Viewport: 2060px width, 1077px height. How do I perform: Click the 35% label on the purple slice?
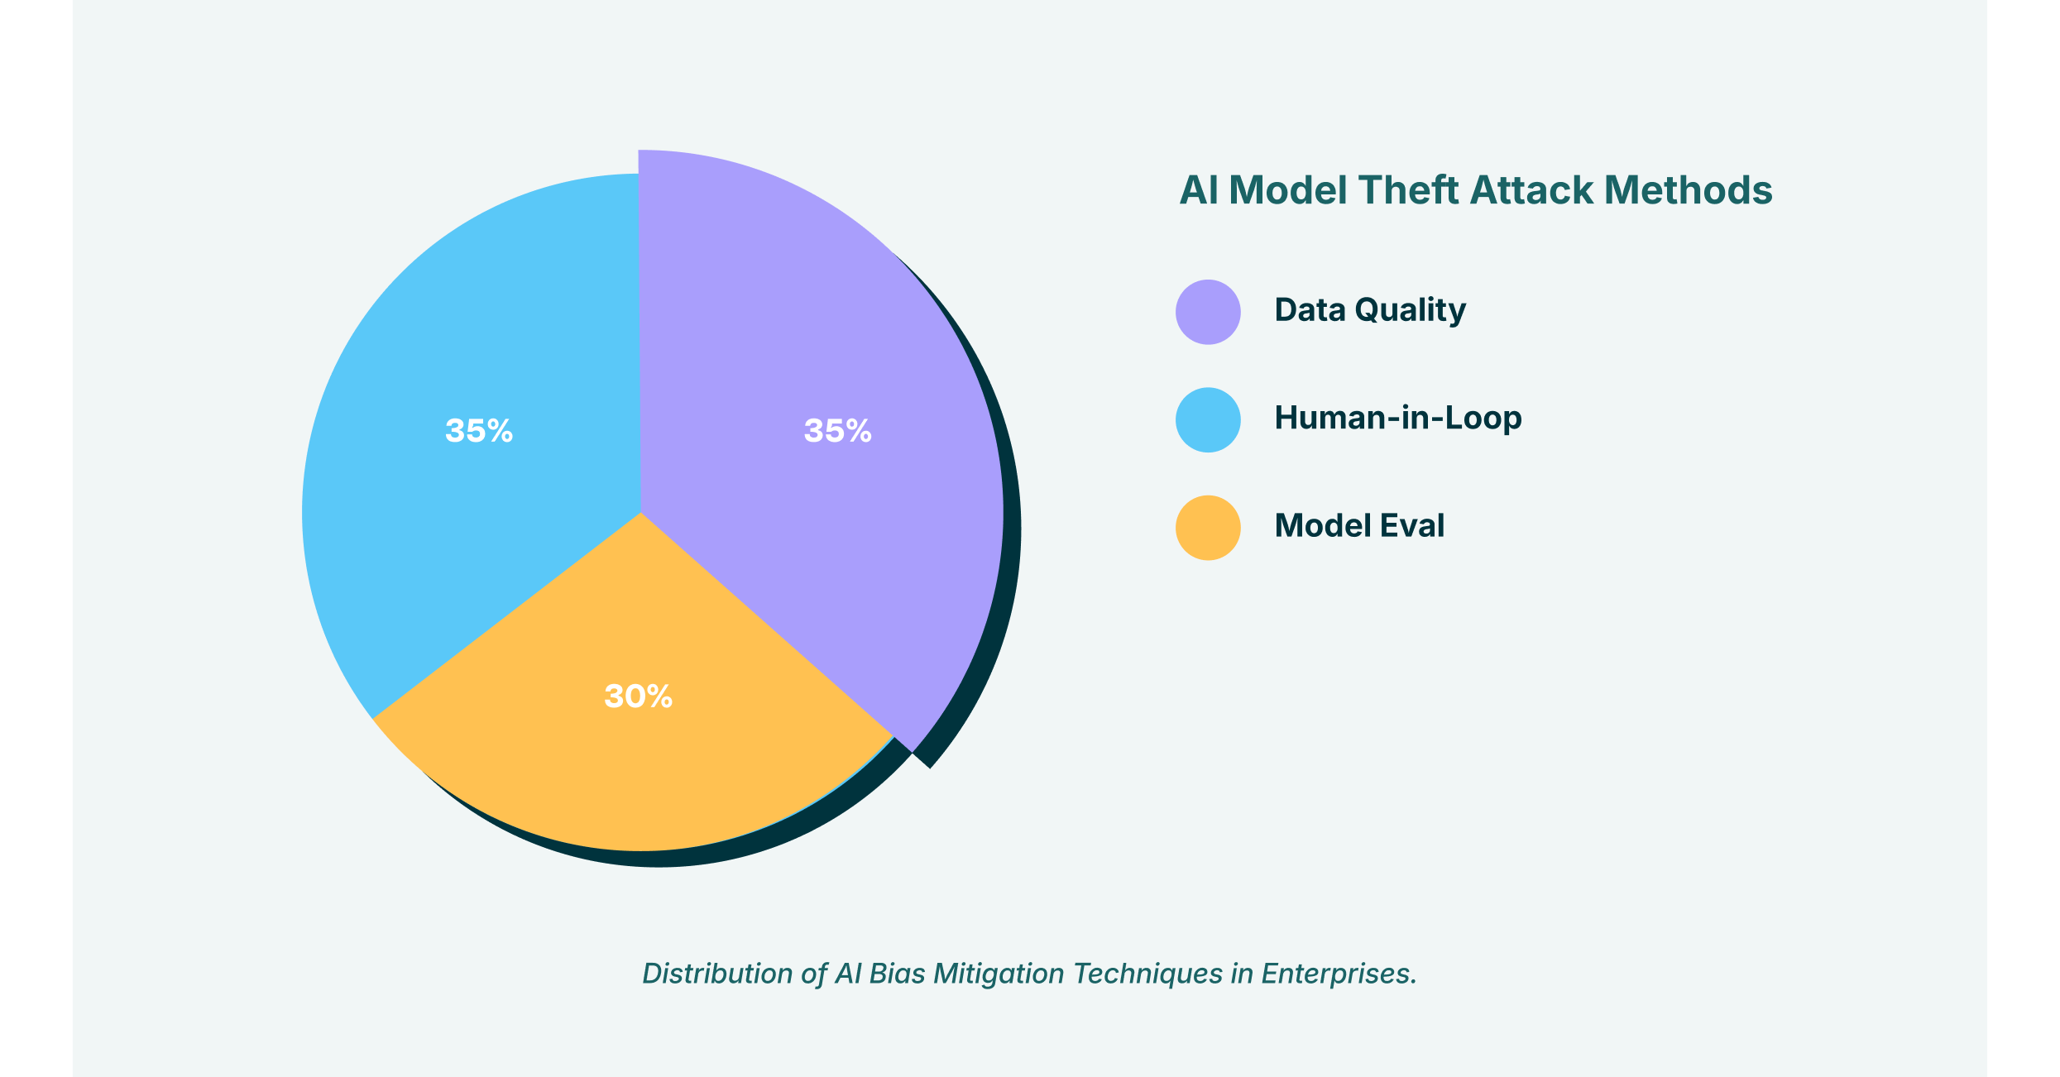pyautogui.click(x=837, y=431)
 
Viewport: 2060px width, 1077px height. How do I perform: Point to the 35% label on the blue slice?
pyautogui.click(x=479, y=431)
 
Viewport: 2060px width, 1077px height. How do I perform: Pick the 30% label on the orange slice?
pyautogui.click(x=638, y=696)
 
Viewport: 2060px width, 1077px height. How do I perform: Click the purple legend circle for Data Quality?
pyautogui.click(x=1208, y=312)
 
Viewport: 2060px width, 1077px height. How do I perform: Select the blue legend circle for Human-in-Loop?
pyautogui.click(x=1208, y=420)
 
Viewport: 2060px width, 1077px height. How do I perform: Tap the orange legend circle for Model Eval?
pyautogui.click(x=1208, y=528)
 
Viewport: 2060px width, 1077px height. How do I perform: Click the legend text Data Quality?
pyautogui.click(x=1370, y=310)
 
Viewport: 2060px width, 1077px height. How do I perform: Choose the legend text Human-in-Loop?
pyautogui.click(x=1398, y=418)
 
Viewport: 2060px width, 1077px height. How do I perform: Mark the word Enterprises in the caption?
pyautogui.click(x=1338, y=974)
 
